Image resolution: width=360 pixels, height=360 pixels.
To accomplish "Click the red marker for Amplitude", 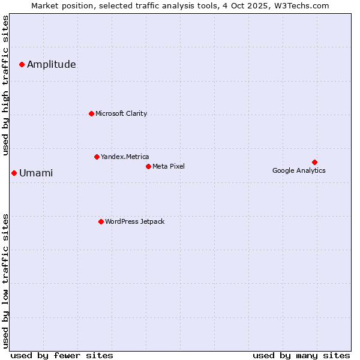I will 22,64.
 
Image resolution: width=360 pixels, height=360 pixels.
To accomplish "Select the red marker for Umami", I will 14,173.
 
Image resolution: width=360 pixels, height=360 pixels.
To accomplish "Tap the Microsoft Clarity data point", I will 91,113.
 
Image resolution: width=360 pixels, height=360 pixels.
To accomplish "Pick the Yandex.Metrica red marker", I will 97,157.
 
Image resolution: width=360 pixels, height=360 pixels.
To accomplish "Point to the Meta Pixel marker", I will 148,166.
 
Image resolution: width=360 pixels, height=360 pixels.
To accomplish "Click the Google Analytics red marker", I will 314,162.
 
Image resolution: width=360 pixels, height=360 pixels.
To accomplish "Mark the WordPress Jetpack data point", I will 101,221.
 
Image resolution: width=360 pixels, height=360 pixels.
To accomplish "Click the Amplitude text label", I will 52,65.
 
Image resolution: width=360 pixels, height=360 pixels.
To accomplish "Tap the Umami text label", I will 36,173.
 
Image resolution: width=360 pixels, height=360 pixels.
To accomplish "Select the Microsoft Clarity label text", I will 121,114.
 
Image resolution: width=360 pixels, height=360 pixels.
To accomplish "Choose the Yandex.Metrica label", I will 125,157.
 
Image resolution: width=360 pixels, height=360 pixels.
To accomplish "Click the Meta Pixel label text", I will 169,167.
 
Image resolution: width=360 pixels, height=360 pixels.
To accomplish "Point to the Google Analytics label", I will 299,171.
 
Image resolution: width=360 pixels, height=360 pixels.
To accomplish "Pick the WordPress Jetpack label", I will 134,222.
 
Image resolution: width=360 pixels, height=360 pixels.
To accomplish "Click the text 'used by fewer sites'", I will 62,355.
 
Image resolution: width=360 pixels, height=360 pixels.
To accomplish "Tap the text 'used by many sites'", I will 301,355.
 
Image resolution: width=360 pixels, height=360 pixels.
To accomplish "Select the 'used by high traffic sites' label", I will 5,85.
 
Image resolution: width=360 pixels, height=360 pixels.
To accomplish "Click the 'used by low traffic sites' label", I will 5,280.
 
